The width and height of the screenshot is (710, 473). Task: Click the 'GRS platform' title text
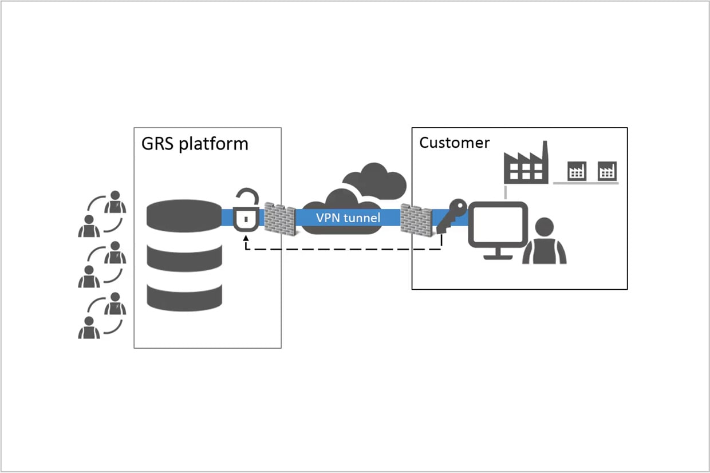coord(195,144)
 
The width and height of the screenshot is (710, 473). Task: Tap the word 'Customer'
coord(454,143)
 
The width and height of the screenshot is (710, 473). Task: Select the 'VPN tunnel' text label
coord(348,218)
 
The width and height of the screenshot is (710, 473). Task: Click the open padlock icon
coord(246,210)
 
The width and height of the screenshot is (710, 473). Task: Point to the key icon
coord(451,216)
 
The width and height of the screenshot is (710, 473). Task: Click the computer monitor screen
coord(498,224)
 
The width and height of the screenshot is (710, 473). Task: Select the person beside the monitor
coord(544,241)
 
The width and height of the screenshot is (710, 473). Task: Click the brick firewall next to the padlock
coord(280,219)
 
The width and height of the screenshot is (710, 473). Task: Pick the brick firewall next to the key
coord(416,220)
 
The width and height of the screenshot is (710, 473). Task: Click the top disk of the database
coord(184,215)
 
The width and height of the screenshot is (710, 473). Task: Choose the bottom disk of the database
coord(184,298)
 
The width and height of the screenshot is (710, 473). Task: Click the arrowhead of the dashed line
coord(246,238)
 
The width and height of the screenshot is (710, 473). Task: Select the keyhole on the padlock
coord(246,219)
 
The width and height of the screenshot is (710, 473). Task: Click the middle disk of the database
coord(184,258)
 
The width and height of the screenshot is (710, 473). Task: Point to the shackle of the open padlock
coord(249,196)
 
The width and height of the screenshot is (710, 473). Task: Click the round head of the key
coord(459,207)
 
